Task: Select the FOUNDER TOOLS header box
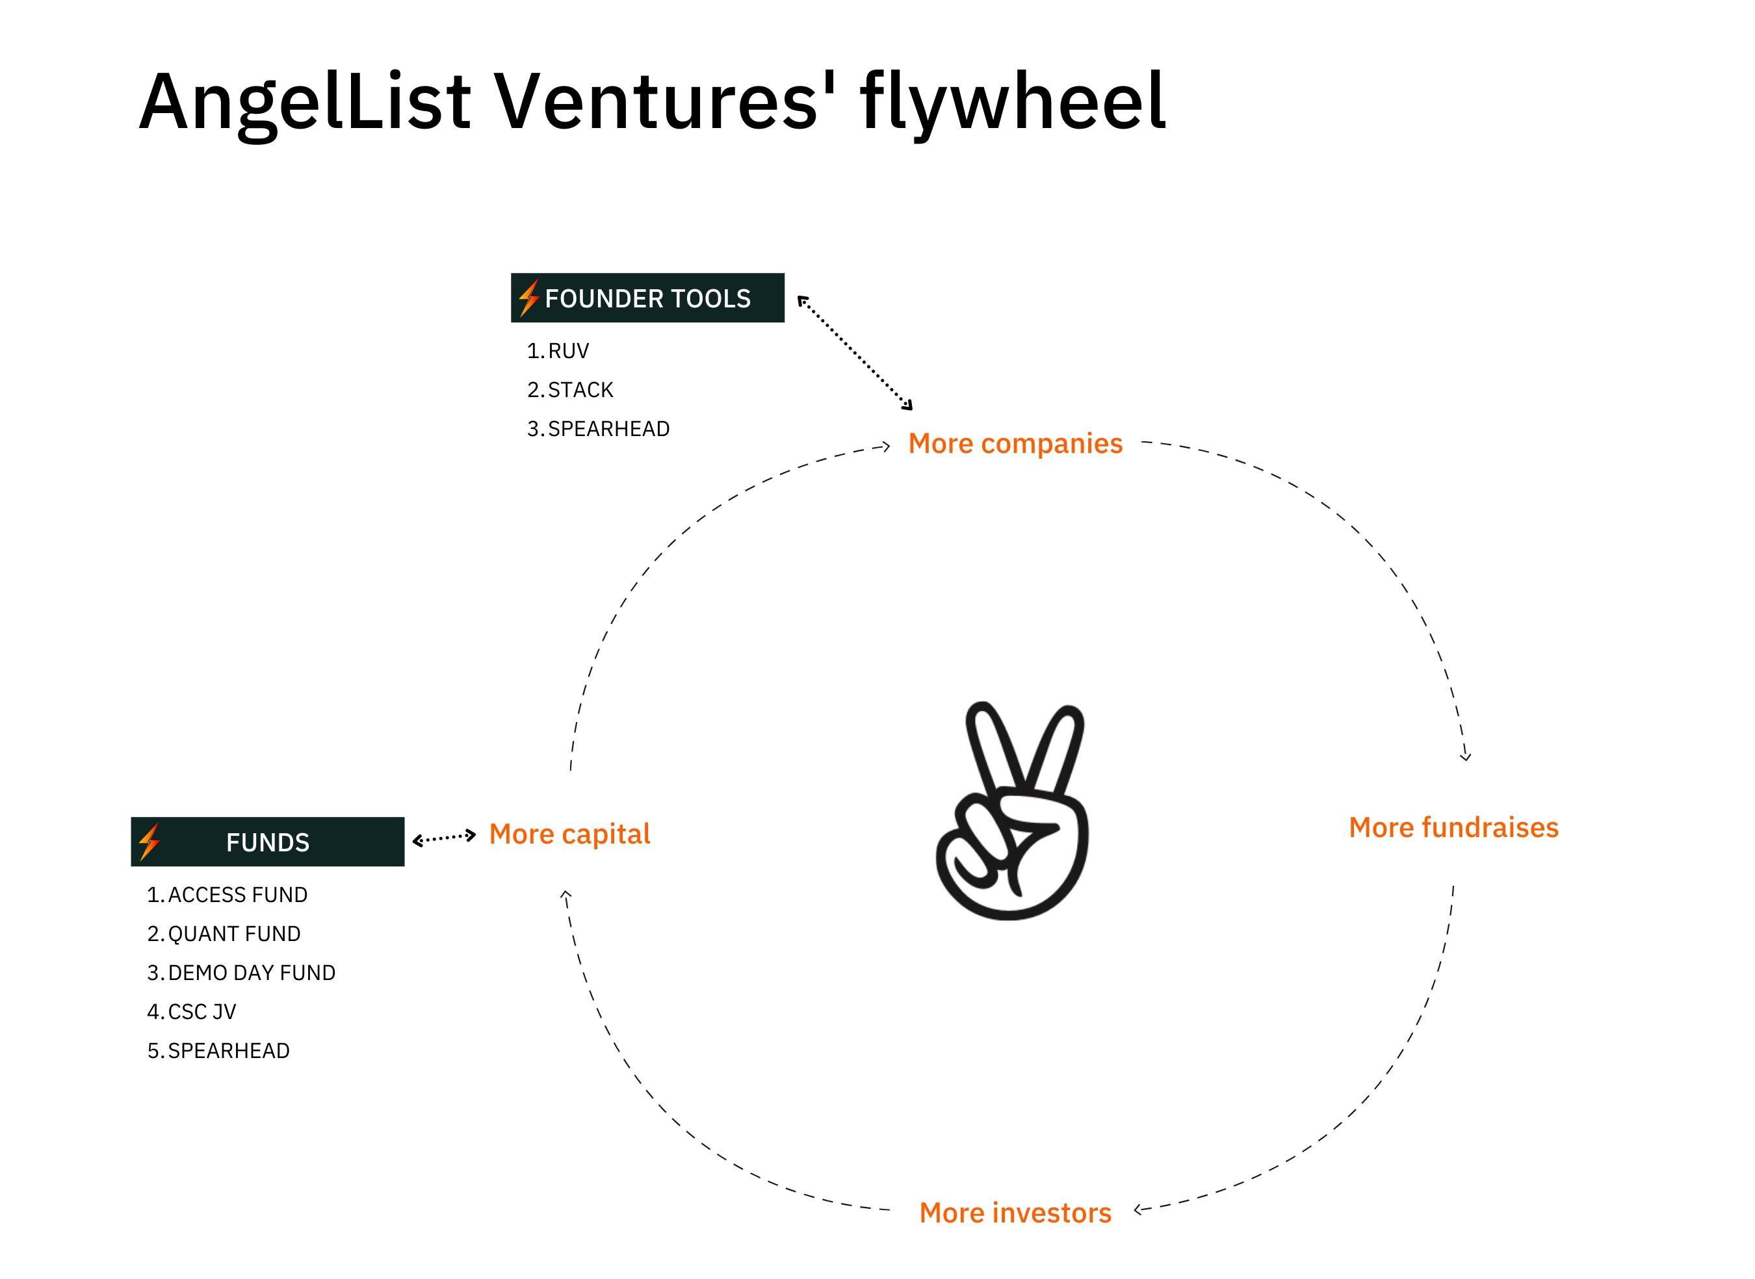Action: coord(647,298)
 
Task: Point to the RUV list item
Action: coord(558,352)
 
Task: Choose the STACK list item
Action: coord(571,390)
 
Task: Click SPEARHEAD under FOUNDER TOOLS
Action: coord(599,429)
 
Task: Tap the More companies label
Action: coord(1015,445)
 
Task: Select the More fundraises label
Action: coord(1454,827)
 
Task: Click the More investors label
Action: coord(1015,1213)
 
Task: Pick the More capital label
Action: coord(570,834)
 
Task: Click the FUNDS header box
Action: coord(268,842)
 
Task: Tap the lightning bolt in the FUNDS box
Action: coord(149,842)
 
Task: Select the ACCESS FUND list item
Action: coord(227,895)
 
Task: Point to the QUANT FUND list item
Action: coord(224,935)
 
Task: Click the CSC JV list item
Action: coord(192,1012)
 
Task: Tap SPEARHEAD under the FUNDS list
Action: coord(218,1052)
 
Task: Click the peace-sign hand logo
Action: coord(1012,810)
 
